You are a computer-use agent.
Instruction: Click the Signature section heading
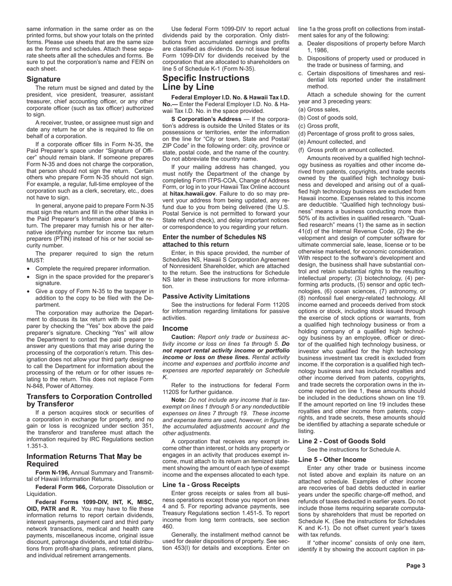pos(43,79)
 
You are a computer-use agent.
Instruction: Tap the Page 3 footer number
pos(415,566)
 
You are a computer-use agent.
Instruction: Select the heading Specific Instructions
pos(206,78)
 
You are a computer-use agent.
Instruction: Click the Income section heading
pos(175,328)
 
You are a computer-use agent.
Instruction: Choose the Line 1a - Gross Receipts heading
pos(201,485)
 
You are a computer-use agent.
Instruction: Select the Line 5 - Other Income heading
pos(332,460)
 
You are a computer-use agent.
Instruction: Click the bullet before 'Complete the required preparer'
pos(29,269)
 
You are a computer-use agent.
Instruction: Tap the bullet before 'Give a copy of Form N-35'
pos(29,291)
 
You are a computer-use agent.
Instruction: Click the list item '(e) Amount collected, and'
pos(332,142)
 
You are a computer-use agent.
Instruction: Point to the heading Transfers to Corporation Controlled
pos(89,396)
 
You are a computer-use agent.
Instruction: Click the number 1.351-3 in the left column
pos(39,446)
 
